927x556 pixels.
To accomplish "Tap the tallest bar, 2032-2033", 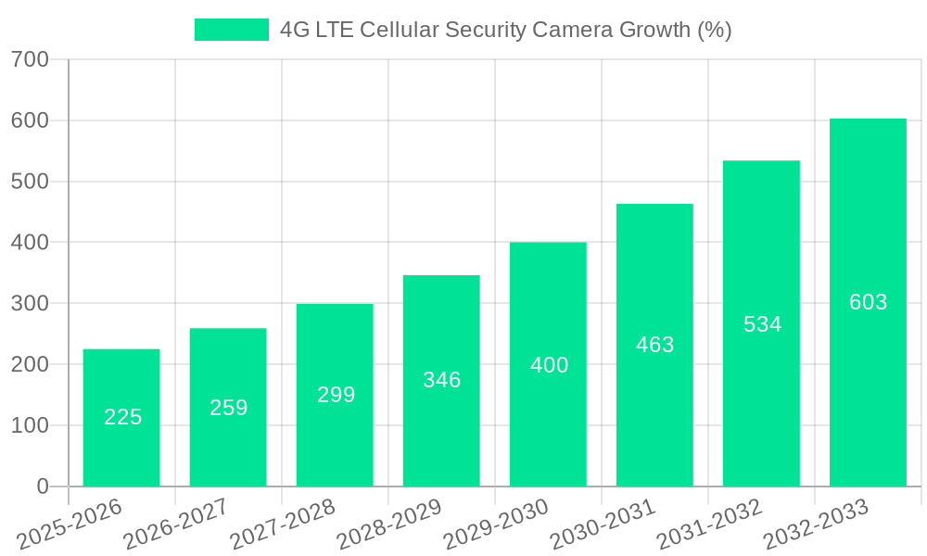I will [868, 302].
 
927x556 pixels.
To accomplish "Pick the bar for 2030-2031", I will [654, 345].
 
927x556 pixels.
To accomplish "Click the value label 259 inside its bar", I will [228, 408].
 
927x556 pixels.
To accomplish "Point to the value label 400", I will [549, 365].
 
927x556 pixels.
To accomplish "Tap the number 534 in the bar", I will [762, 324].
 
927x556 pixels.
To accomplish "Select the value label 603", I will [868, 302].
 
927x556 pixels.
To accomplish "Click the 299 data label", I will [336, 395].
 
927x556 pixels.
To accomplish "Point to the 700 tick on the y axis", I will [30, 59].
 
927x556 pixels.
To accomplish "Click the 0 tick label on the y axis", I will [43, 486].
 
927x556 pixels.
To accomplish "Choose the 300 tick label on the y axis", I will [30, 303].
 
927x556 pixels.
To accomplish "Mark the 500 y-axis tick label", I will [30, 182].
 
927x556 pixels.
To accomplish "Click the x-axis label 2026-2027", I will [176, 524].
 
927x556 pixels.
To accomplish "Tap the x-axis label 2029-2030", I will [496, 524].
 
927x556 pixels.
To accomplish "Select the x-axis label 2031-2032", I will [709, 524].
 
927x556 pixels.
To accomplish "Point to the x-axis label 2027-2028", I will [283, 524].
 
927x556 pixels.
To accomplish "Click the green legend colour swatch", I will [231, 30].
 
